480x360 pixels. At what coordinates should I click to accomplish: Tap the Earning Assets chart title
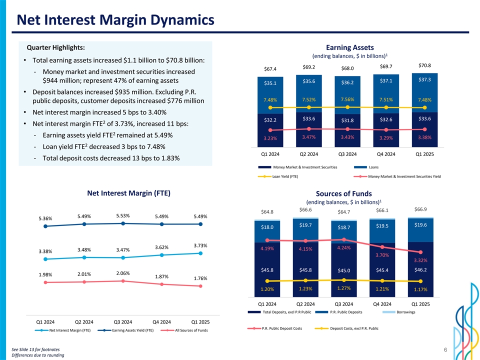pos(349,47)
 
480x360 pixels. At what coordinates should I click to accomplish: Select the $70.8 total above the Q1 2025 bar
pos(424,65)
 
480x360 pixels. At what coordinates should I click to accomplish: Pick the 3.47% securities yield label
pos(309,136)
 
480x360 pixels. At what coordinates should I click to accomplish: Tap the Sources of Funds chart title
pos(343,193)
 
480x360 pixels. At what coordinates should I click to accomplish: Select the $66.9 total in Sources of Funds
pos(420,209)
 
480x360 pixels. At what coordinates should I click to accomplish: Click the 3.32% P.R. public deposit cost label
pos(420,260)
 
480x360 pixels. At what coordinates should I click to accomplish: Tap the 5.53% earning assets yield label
pos(123,215)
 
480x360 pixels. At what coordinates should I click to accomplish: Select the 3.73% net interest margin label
pos(200,245)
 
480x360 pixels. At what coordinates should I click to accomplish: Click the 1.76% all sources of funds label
pos(200,278)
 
